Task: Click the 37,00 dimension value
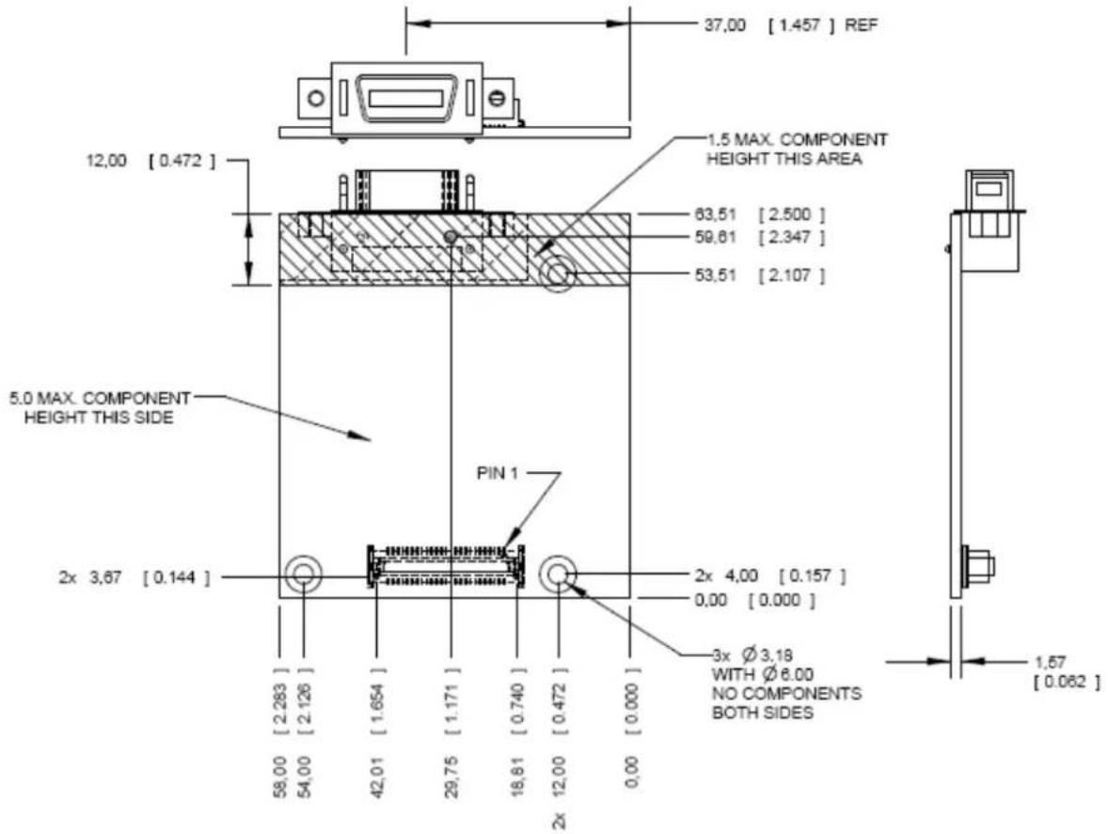click(725, 25)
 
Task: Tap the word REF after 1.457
click(861, 25)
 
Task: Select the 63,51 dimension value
click(715, 213)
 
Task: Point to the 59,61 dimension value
click(715, 237)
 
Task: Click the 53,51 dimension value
click(715, 275)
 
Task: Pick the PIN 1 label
click(498, 473)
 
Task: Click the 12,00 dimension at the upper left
click(106, 161)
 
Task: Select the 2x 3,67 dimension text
click(90, 577)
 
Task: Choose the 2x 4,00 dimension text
click(726, 576)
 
